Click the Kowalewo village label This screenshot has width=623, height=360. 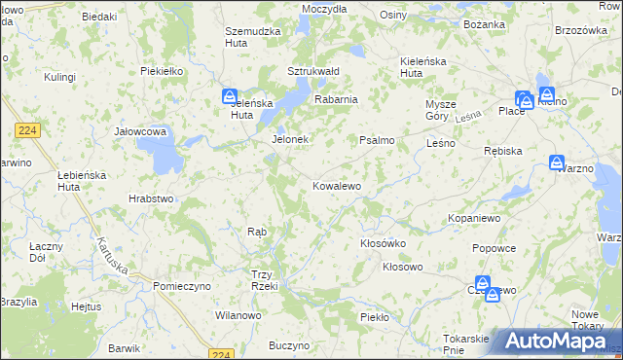tap(337, 186)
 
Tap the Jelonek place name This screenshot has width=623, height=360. tap(289, 140)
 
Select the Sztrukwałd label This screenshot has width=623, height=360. tap(312, 71)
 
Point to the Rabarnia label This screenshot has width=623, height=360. tap(336, 99)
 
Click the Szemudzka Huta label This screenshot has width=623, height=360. tap(253, 38)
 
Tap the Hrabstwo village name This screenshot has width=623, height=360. tap(151, 198)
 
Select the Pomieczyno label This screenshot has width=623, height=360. tap(182, 286)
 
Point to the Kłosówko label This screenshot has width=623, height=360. tap(383, 243)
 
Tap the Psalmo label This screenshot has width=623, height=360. tap(377, 141)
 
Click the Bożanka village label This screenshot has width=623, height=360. tap(484, 23)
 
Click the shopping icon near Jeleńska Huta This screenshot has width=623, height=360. tap(229, 97)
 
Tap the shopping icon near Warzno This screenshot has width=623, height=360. tap(557, 162)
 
